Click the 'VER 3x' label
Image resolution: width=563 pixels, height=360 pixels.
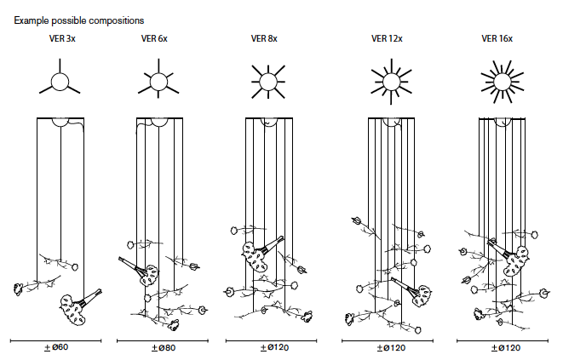click(x=62, y=38)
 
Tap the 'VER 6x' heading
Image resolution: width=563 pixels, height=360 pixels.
click(x=154, y=38)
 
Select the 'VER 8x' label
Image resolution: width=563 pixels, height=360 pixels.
click(x=264, y=38)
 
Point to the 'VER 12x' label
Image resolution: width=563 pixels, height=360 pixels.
click(x=387, y=38)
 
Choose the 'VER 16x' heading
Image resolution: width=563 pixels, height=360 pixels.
click(x=497, y=38)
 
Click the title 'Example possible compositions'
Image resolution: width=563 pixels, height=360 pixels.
click(x=79, y=20)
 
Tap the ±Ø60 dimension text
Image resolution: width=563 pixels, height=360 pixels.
click(x=56, y=347)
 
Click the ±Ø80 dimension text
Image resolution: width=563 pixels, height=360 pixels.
click(x=164, y=348)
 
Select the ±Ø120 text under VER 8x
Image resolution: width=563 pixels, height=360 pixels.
click(x=274, y=348)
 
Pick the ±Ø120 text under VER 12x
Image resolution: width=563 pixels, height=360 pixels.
click(x=391, y=348)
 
